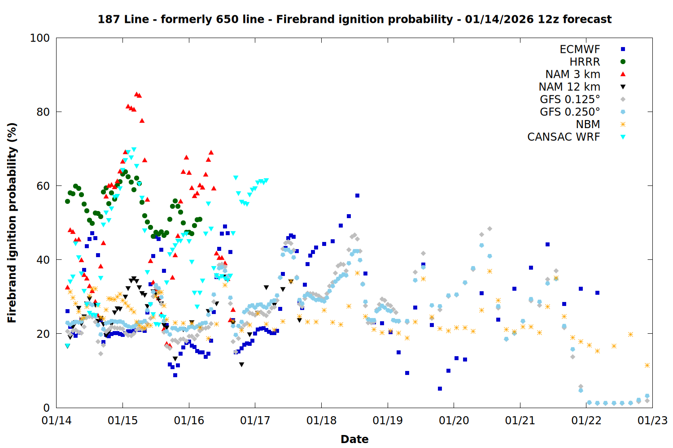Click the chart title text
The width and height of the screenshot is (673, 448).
click(x=354, y=19)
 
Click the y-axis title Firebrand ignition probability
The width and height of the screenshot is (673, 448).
click(x=12, y=223)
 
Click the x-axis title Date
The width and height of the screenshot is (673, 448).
click(x=354, y=439)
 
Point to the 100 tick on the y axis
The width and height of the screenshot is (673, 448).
click(x=39, y=38)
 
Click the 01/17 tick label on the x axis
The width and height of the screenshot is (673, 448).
click(x=255, y=421)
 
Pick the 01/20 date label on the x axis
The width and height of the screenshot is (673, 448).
click(x=454, y=421)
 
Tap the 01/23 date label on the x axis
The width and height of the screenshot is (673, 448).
click(x=652, y=421)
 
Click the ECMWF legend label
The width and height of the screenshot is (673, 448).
click(x=580, y=49)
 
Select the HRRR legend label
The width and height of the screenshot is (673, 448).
click(x=585, y=62)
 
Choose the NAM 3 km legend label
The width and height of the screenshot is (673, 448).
click(x=572, y=74)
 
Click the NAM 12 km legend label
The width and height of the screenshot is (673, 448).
click(x=569, y=87)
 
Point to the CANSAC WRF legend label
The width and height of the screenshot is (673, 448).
click(x=564, y=137)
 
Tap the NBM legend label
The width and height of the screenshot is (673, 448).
click(x=588, y=125)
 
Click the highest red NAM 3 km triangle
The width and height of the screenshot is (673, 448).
click(x=136, y=94)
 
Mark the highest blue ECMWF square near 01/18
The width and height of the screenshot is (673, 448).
click(x=357, y=195)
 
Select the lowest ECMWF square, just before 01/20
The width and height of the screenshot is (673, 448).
click(x=440, y=388)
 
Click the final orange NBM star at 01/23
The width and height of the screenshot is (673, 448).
click(x=647, y=366)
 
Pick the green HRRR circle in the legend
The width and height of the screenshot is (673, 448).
click(x=623, y=62)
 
